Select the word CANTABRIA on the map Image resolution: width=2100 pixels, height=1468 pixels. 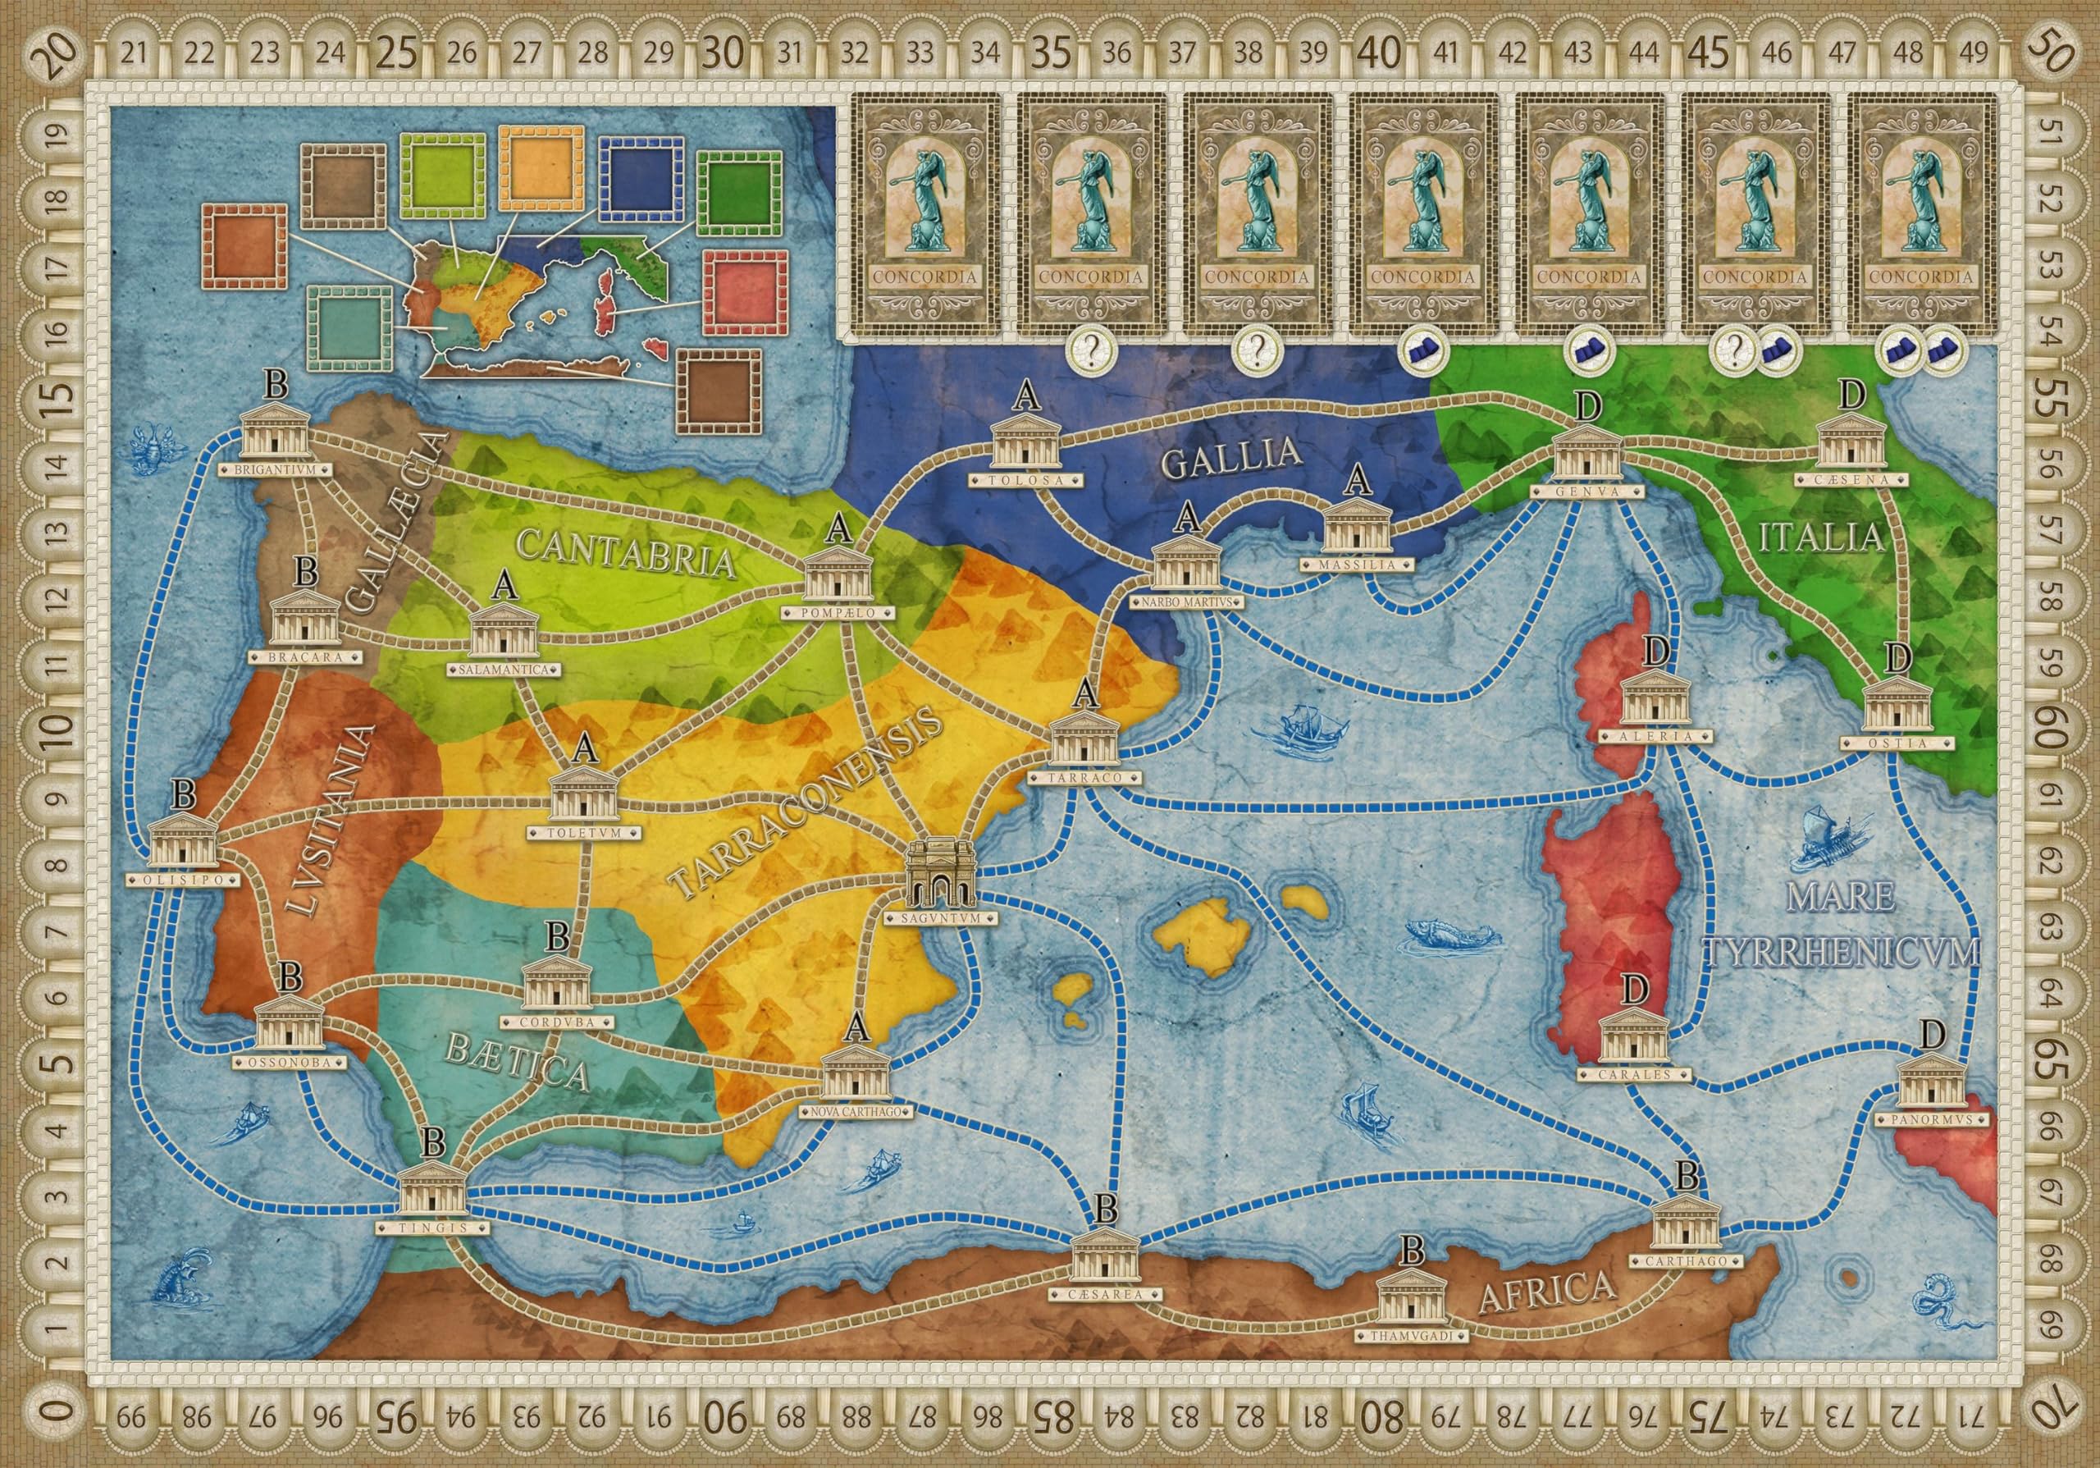(627, 551)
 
